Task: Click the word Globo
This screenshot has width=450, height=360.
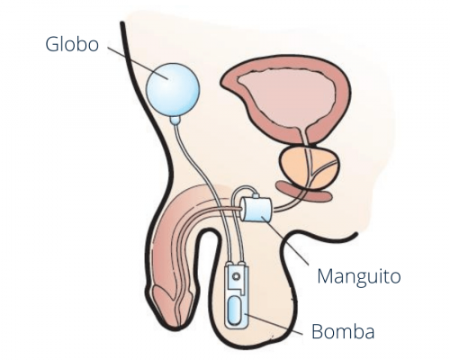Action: tap(72, 44)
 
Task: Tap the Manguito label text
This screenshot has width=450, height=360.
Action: tap(359, 277)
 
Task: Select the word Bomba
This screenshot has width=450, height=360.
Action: tap(343, 331)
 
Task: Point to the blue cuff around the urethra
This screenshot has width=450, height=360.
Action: tap(256, 209)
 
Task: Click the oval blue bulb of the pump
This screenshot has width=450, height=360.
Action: tap(238, 312)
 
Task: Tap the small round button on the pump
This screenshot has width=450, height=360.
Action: tap(237, 275)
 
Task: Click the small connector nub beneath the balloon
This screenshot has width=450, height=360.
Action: tap(175, 121)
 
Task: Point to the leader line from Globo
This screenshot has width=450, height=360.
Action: tap(138, 63)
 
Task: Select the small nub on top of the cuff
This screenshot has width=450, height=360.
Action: tap(256, 196)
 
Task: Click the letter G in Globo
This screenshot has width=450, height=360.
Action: tap(52, 44)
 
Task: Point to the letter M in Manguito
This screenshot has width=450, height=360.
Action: tap(326, 276)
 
